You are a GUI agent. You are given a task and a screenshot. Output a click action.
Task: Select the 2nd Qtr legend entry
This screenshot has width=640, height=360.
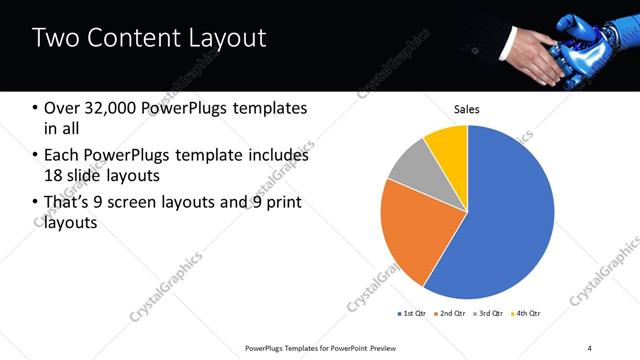tap(450, 314)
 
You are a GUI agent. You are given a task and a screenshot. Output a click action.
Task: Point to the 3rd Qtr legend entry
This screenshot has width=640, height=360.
tap(489, 314)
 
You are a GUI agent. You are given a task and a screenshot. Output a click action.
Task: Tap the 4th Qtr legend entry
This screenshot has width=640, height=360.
tap(526, 314)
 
